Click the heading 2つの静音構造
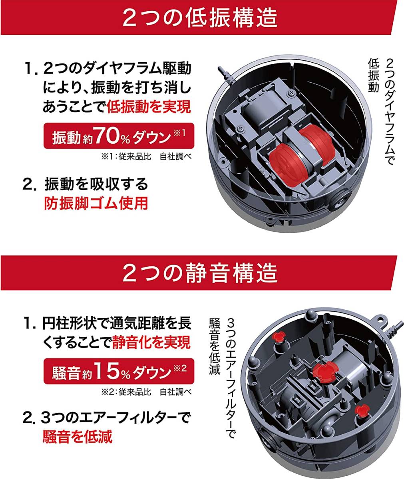point(200,273)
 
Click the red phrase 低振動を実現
point(149,107)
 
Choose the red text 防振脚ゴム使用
point(96,203)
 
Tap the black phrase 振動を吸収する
point(96,184)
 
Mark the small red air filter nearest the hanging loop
point(278,337)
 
